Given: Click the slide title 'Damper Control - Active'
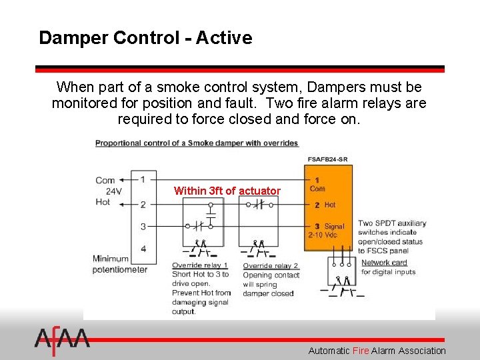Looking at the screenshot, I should tap(145, 37).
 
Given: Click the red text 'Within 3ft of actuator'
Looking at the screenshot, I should tap(227, 191).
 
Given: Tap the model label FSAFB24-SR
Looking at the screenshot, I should tap(327, 159).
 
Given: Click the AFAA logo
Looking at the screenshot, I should tap(61, 340).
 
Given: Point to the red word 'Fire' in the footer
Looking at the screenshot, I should tap(360, 351).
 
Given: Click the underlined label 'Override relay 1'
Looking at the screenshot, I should tap(199, 265).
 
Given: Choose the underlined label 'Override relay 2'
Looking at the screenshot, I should tap(270, 265).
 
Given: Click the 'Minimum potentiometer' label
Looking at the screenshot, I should tap(120, 264).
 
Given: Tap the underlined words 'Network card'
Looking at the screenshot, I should tap(383, 262).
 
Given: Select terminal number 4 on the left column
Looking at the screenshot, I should tap(143, 249).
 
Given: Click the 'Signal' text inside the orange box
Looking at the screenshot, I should tap(334, 227).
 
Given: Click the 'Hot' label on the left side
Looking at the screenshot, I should tap(103, 202).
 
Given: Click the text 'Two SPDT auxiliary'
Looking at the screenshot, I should tap(389, 223).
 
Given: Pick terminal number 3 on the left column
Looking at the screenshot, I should tap(143, 227).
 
